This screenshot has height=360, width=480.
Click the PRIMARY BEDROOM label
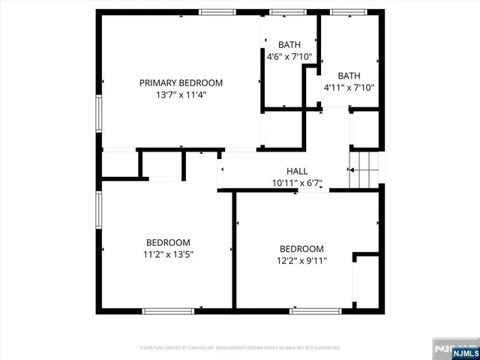tap(181, 82)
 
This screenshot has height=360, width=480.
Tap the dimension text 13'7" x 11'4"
tap(181, 95)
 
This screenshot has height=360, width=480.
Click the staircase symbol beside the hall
tap(364, 170)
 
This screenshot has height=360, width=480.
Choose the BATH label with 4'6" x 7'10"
tap(289, 43)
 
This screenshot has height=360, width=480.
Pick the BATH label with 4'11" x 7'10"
tap(349, 75)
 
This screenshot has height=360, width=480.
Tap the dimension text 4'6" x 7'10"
tap(289, 55)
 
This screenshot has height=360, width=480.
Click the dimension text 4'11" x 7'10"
tap(349, 87)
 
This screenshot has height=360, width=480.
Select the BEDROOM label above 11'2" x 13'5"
tap(168, 242)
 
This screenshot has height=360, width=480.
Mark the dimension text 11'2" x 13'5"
tap(168, 254)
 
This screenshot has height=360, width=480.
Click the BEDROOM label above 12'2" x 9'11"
tap(301, 249)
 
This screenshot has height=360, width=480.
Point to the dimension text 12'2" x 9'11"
tap(301, 261)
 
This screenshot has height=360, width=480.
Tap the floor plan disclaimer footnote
tap(240, 348)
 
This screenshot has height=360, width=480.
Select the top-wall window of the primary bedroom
tap(217, 12)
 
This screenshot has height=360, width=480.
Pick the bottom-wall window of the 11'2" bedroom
tap(163, 310)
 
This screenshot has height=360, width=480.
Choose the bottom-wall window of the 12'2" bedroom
tap(310, 310)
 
